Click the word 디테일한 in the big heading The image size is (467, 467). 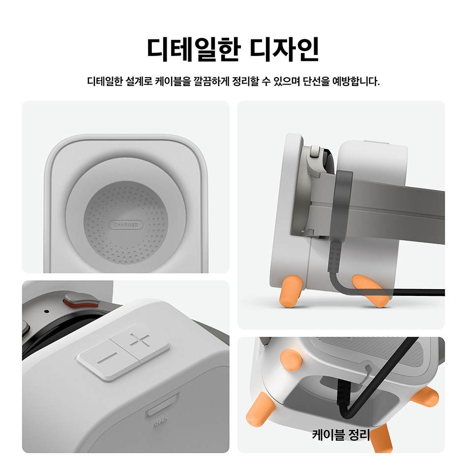pyautogui.click(x=194, y=49)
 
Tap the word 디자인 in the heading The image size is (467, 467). pyautogui.click(x=285, y=49)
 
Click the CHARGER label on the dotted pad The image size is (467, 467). pyautogui.click(x=126, y=225)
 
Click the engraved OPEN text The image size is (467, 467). pyautogui.click(x=161, y=421)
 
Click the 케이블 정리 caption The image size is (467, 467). pyautogui.click(x=341, y=435)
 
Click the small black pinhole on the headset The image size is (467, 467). pyautogui.click(x=46, y=312)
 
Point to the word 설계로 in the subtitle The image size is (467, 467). pyautogui.click(x=139, y=81)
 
